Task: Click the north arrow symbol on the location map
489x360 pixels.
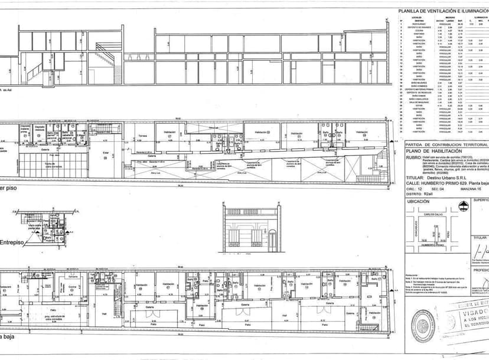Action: pos(464,207)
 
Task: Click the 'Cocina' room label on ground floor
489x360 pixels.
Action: pos(71,287)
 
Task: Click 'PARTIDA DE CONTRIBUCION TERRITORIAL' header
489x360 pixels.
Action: pos(447,145)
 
